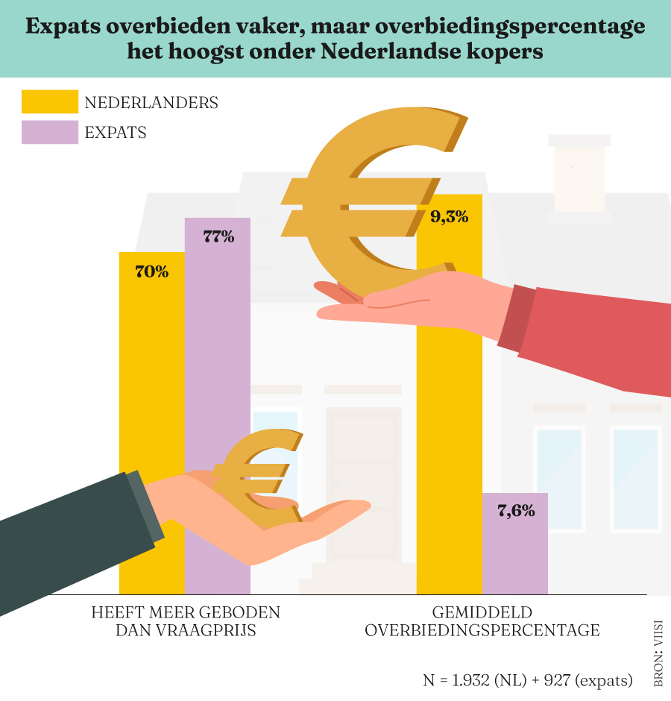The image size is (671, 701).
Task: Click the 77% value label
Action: [218, 238]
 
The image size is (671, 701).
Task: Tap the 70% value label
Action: [151, 272]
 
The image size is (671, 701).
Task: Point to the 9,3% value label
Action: [449, 218]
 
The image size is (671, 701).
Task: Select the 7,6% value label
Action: [515, 511]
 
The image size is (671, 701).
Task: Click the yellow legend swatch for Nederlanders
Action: [49, 102]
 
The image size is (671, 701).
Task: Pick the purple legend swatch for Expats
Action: [49, 133]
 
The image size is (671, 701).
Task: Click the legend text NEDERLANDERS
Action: [151, 103]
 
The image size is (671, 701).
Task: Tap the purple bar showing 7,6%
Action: [515, 552]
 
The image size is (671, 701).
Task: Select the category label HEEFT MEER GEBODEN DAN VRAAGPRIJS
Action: [186, 621]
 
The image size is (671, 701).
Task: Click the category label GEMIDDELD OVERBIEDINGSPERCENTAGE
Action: [482, 621]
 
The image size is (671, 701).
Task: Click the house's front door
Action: [364, 485]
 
